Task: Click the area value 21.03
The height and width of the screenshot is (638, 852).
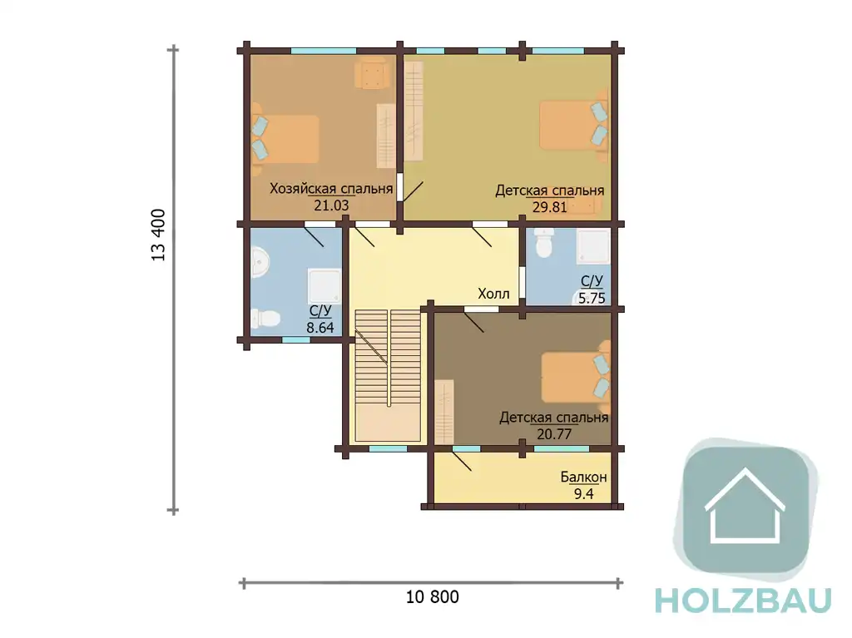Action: point(331,205)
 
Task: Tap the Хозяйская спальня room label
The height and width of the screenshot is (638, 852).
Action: point(331,189)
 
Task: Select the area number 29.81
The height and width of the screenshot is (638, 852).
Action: point(549,207)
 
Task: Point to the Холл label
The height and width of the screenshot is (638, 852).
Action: point(493,294)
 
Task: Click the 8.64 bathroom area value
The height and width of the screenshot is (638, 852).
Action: point(320,328)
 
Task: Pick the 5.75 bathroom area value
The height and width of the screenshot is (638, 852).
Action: point(592,298)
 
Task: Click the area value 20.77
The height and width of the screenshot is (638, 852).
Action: point(553,434)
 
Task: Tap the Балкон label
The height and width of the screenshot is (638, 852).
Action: point(583,477)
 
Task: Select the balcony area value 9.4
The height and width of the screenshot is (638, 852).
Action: point(583,494)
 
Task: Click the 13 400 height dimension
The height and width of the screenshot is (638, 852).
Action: point(158,235)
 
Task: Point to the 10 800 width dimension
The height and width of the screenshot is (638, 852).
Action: point(433,597)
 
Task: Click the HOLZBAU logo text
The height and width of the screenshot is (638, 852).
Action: point(743,600)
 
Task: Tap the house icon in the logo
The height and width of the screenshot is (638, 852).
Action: point(745,506)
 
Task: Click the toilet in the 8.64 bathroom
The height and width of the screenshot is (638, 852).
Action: point(265,317)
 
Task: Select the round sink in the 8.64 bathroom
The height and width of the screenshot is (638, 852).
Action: point(260,263)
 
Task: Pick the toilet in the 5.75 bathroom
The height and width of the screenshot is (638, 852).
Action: point(544,243)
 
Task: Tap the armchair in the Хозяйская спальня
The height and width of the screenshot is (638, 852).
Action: point(372,73)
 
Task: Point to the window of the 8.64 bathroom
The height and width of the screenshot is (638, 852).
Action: point(296,339)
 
